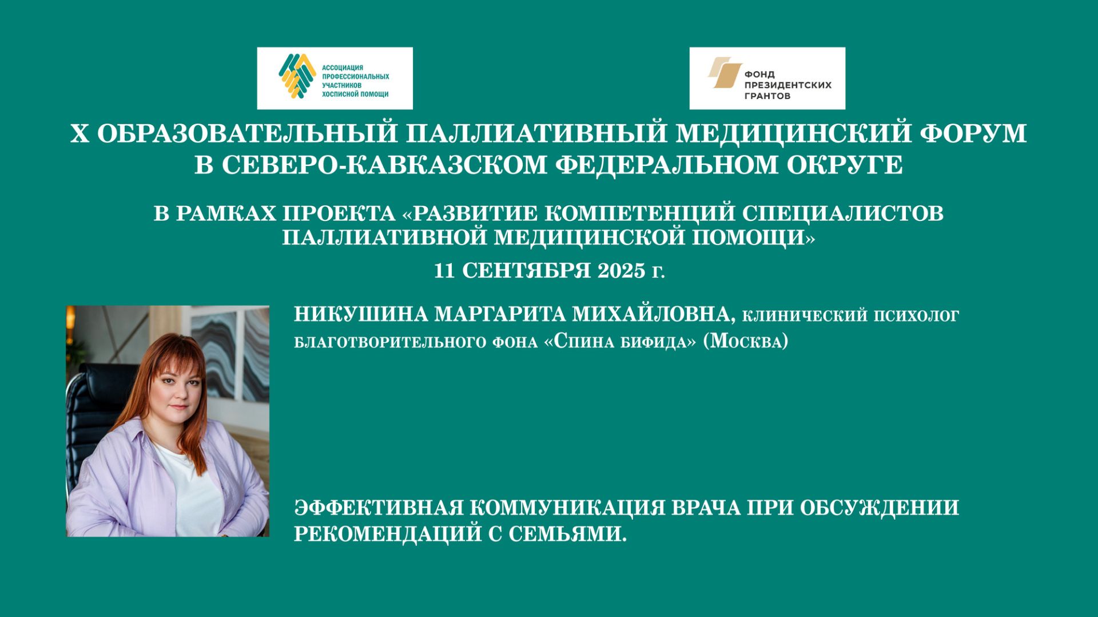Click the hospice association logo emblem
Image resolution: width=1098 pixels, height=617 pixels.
(297, 76)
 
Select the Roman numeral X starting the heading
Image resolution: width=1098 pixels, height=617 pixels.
(79, 134)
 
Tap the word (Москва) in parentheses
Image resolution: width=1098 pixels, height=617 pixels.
(745, 341)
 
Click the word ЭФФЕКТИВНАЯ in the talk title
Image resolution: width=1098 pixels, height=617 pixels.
(378, 508)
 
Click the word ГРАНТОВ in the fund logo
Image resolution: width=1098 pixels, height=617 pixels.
(767, 96)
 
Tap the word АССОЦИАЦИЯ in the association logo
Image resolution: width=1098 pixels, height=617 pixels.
(343, 68)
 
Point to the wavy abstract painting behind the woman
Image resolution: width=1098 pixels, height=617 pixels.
(229, 349)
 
